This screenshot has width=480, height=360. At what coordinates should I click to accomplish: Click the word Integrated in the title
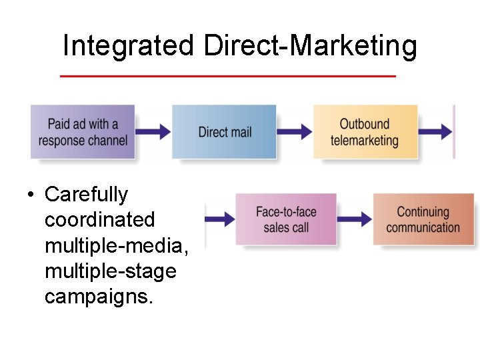127,47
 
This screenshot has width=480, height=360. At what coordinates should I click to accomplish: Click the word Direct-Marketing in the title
311,47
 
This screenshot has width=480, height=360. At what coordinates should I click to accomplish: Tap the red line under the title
227,76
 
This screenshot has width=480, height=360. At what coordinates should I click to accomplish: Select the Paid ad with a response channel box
83,132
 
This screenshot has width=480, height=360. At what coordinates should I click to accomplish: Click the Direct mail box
224,132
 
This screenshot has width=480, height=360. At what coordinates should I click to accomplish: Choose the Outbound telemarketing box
365,132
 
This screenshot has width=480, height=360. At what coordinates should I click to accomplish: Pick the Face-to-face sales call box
286,219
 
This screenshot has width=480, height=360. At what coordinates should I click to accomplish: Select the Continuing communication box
423,219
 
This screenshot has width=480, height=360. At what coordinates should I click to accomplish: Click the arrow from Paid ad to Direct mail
153,131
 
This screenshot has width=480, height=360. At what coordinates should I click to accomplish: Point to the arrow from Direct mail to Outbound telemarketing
294,131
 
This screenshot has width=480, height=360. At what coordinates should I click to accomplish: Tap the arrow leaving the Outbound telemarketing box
436,131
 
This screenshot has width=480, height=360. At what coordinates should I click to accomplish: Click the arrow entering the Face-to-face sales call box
220,219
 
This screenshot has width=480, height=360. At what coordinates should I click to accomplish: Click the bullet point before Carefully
31,195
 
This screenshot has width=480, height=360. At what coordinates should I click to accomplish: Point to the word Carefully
86,195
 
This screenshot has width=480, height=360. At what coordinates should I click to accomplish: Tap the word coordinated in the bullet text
99,220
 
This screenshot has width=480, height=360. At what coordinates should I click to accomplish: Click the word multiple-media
117,245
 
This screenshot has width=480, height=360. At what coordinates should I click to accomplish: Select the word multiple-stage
110,271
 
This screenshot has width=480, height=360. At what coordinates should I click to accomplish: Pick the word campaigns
99,297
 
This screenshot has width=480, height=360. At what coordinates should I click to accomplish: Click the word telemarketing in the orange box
365,141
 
